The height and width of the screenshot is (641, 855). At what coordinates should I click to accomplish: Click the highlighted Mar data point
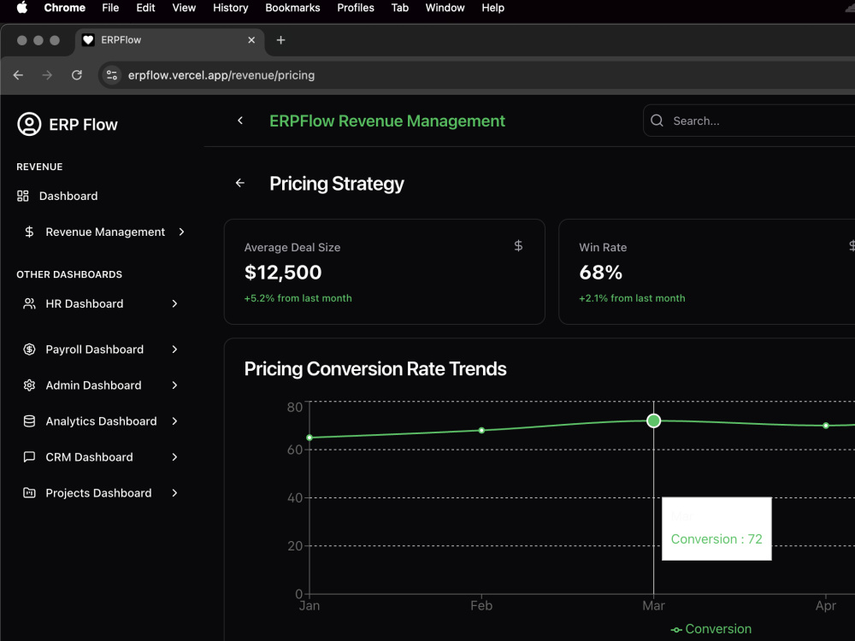coord(653,420)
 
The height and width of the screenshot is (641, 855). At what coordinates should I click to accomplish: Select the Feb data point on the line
coord(481,430)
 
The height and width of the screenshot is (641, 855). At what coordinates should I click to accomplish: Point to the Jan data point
coord(310,437)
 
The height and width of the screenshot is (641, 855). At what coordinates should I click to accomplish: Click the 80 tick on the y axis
coord(294,407)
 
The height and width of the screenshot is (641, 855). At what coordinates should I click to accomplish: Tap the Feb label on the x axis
coord(481,606)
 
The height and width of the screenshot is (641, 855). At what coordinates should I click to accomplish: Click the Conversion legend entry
coord(711,629)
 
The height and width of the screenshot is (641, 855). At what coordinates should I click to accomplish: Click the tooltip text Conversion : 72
coord(716,539)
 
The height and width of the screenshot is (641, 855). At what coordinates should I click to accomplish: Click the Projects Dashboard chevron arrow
coord(174,493)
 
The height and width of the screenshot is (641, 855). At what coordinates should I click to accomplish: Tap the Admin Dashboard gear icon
coord(29,385)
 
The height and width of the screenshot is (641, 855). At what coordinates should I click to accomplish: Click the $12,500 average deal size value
coord(283,272)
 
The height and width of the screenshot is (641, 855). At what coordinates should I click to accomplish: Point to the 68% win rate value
coord(600,272)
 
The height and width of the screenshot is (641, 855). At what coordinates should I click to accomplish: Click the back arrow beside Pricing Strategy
coord(240,183)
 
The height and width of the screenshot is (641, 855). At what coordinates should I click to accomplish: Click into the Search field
coord(758,121)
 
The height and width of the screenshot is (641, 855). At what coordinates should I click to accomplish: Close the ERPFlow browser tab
coord(251,40)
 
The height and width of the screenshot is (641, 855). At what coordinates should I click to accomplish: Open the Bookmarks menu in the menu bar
coord(292,8)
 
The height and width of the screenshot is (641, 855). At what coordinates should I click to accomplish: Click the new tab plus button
coord(280,40)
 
